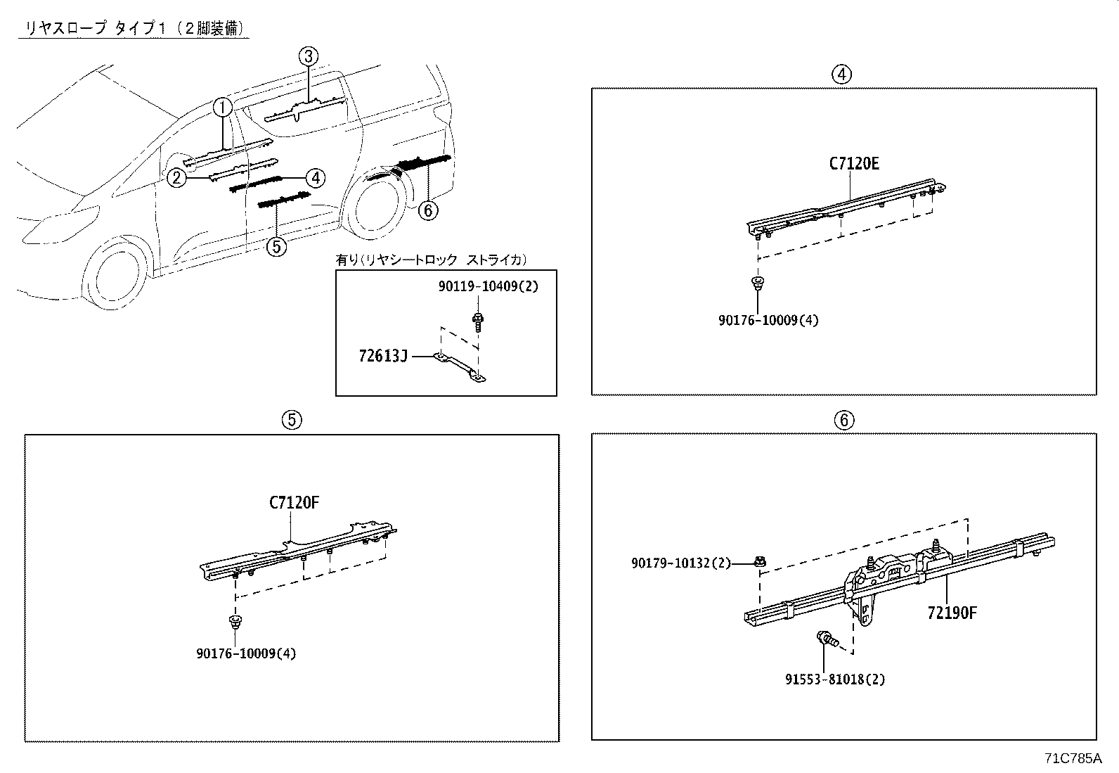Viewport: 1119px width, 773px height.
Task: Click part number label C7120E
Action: point(854,164)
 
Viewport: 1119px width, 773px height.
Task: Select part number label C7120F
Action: point(294,503)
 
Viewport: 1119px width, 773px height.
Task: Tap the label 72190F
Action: point(952,613)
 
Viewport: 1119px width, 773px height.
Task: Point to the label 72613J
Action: point(383,356)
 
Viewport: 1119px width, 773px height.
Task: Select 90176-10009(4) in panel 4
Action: point(768,320)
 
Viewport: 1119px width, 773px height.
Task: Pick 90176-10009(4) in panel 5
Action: point(246,653)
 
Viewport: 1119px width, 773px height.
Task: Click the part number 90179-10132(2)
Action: point(680,563)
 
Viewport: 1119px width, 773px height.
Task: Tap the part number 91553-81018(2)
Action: point(835,679)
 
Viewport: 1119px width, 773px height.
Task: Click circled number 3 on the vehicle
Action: point(308,56)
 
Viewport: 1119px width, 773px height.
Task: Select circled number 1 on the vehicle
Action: point(222,108)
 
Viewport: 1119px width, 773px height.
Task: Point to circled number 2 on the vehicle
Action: point(176,177)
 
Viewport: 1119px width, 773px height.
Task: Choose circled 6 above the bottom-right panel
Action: point(843,420)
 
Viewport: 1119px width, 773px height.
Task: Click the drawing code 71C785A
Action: point(1073,759)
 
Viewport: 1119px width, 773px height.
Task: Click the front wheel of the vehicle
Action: point(115,277)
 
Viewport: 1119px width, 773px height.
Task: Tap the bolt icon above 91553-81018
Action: point(827,640)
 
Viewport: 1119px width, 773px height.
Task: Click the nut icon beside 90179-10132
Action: point(760,561)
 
